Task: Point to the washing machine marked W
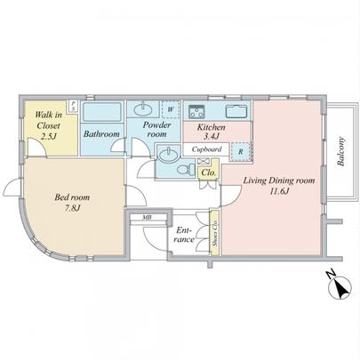click(x=170, y=110)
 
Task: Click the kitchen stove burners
click(x=196, y=111)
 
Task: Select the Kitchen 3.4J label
click(x=211, y=133)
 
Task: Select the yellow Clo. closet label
click(x=210, y=172)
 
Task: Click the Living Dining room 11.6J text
click(x=280, y=186)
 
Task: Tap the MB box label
click(x=141, y=216)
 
